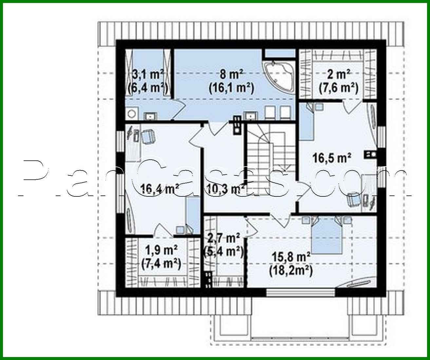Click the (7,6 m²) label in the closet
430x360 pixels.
point(338,88)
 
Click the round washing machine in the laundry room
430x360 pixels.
point(132,113)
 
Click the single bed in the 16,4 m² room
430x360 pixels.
point(192,215)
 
